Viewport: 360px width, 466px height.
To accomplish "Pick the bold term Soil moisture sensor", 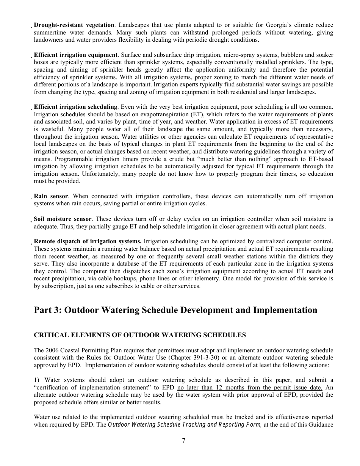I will (x=63, y=219).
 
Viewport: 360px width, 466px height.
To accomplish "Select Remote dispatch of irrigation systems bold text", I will (x=88, y=241).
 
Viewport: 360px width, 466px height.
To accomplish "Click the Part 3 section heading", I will (x=175, y=310).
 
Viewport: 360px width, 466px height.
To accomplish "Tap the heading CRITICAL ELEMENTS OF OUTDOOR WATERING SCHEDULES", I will (x=140, y=335).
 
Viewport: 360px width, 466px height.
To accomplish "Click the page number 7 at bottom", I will (x=183, y=440).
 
